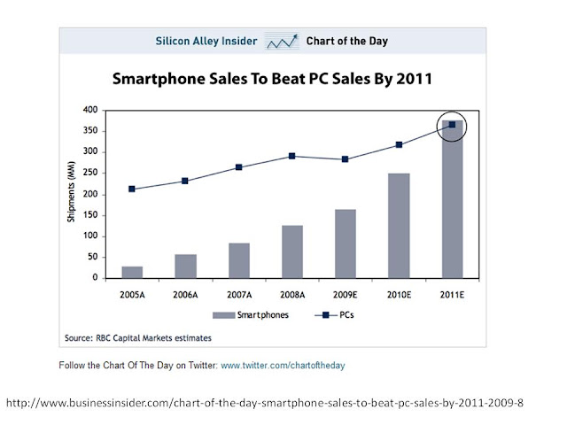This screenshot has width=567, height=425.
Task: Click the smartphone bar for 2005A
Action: tap(132, 272)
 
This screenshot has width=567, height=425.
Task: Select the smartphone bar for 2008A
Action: tap(291, 251)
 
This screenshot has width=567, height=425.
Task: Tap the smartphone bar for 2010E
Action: tap(399, 226)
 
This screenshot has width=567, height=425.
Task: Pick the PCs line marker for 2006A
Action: tap(184, 182)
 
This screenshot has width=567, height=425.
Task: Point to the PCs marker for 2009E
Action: tap(345, 159)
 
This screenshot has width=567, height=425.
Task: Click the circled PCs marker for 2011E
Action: tap(452, 125)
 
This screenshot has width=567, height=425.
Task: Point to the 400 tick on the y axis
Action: tap(89, 110)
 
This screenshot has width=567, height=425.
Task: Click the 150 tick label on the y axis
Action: tap(89, 215)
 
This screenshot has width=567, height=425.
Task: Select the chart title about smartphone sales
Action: tap(272, 79)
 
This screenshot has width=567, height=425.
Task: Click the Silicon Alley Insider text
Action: tap(206, 41)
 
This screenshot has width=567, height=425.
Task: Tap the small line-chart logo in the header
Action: tap(282, 41)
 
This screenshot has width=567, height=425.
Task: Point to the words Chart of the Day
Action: tap(346, 41)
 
